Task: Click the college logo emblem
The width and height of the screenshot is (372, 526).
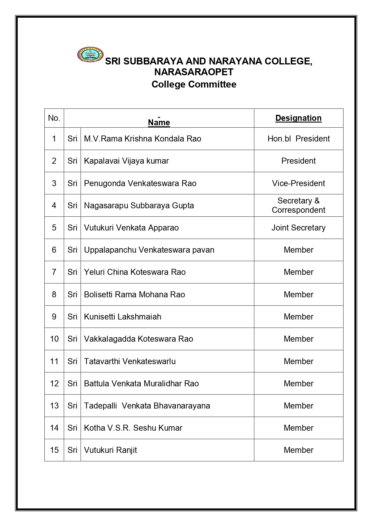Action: [x=90, y=55]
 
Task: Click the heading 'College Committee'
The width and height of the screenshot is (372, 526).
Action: [x=194, y=84]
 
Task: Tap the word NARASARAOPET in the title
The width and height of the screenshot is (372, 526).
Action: [x=194, y=72]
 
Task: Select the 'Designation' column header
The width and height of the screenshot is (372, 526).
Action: [x=298, y=118]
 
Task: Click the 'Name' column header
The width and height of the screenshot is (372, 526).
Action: [x=159, y=122]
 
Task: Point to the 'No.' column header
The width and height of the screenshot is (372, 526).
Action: [x=54, y=118]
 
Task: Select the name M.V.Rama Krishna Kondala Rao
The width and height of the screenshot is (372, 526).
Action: [x=142, y=139]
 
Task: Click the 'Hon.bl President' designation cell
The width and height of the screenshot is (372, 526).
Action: [x=298, y=139]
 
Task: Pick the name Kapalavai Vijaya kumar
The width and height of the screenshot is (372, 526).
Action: [x=126, y=161]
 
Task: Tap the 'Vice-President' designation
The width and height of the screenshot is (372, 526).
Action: [x=298, y=183]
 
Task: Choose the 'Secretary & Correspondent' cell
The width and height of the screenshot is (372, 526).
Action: [x=298, y=205]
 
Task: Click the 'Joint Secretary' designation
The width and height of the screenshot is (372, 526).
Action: [x=298, y=228]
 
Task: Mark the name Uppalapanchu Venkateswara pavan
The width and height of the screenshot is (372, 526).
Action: [x=149, y=250]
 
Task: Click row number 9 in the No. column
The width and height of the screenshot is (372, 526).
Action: [x=54, y=317]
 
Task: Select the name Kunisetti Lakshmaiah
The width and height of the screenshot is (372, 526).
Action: [x=122, y=317]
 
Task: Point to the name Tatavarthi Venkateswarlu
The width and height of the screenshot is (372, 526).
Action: [x=130, y=361]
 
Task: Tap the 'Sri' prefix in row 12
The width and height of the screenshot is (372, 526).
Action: [x=72, y=384]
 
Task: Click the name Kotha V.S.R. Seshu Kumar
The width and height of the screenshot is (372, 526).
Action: [x=133, y=428]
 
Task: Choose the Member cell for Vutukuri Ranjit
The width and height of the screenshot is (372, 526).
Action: [x=298, y=450]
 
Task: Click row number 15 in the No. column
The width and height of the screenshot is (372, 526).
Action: [x=54, y=450]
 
